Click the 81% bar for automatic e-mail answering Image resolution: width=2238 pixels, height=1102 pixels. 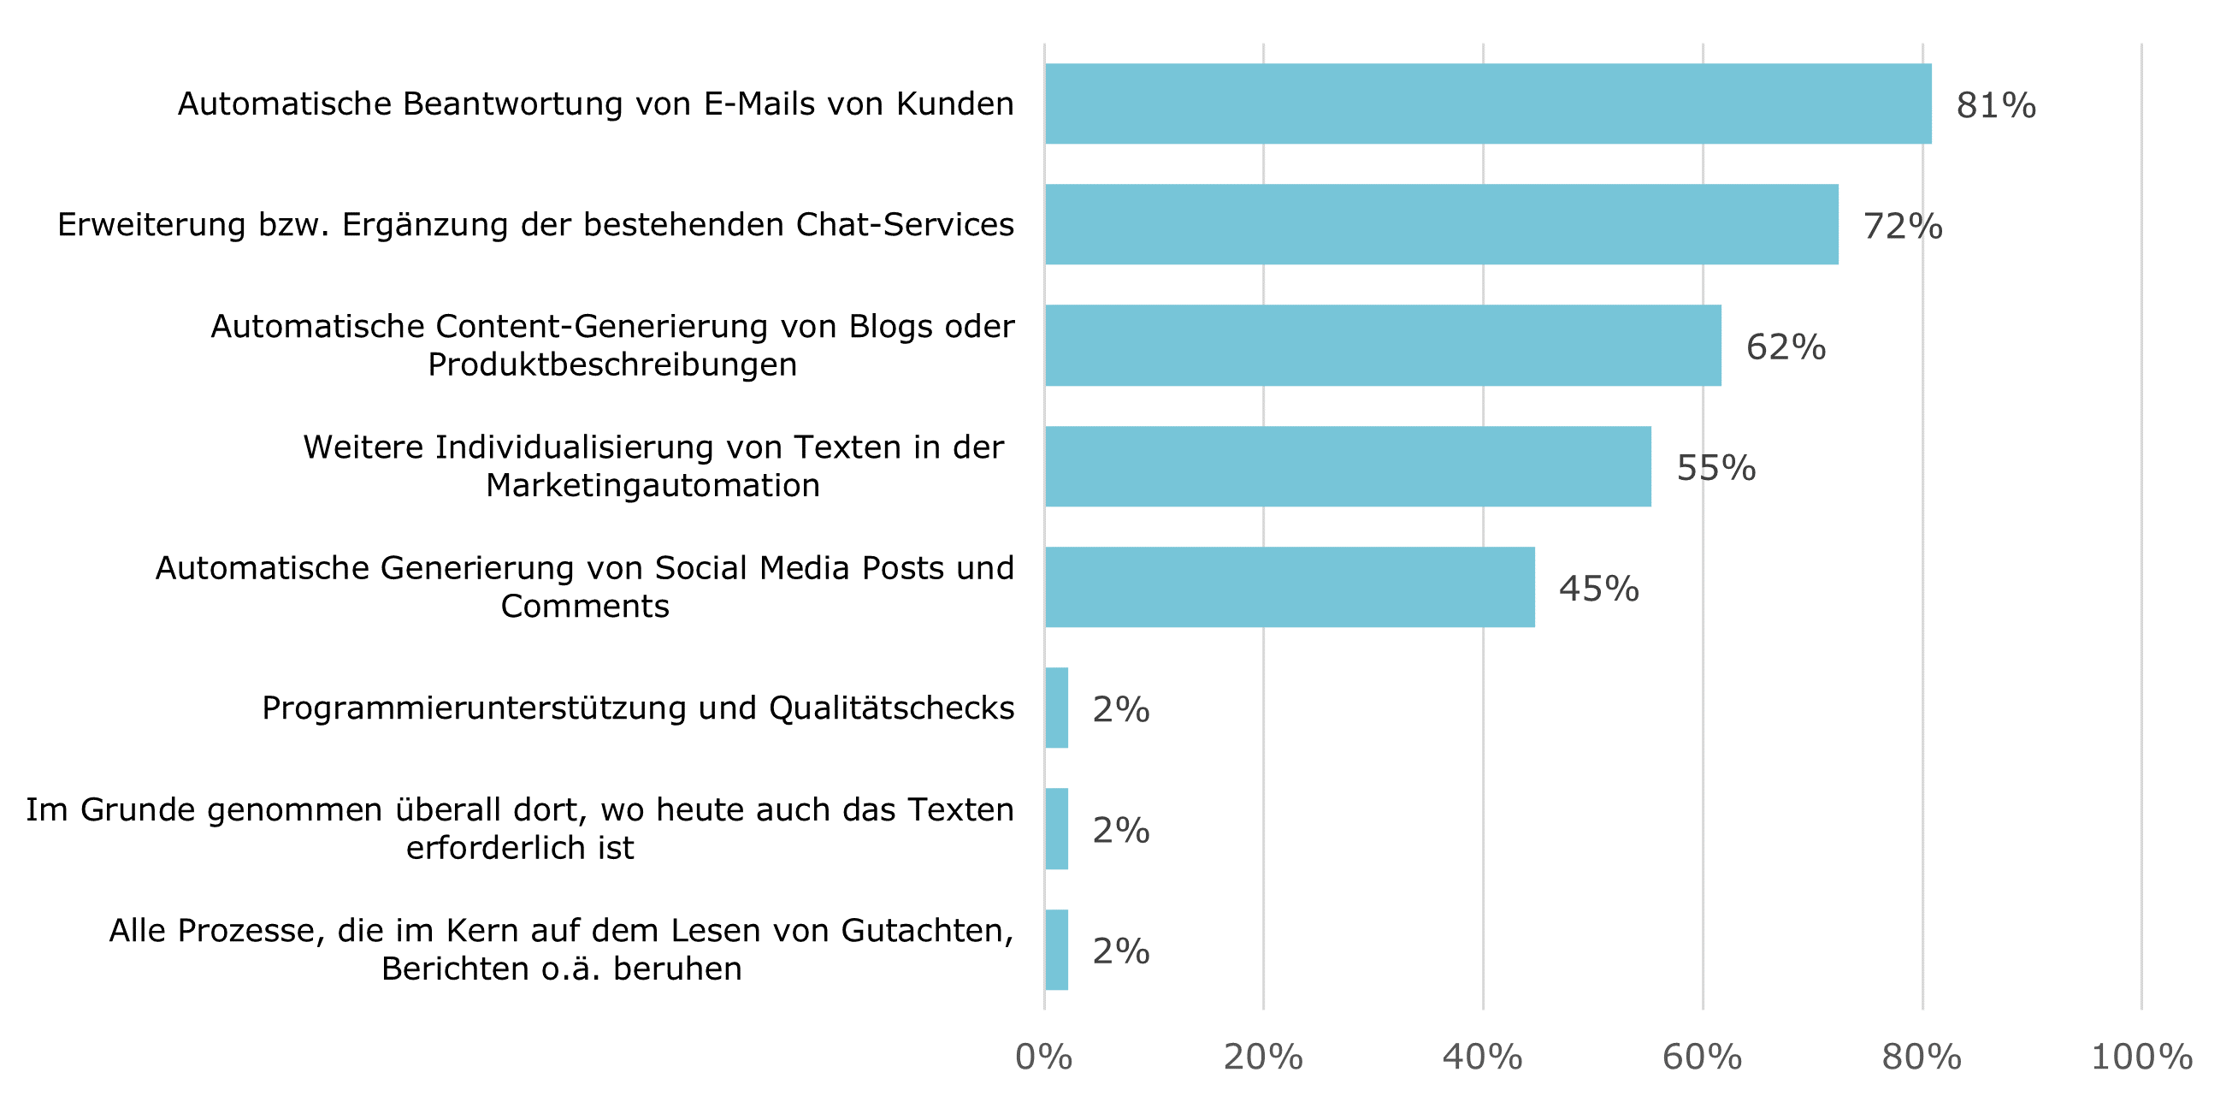pos(1487,104)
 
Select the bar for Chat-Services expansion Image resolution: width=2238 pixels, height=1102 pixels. pos(1440,224)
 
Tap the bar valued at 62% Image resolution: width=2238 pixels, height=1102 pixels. pos(1382,345)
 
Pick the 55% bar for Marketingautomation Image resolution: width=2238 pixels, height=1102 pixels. pos(1348,465)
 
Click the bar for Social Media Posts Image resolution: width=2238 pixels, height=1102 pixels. pos(1290,587)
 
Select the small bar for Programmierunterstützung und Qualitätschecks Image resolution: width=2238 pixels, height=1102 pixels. pos(1056,708)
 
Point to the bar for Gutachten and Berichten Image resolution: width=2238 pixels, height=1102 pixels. pos(1056,949)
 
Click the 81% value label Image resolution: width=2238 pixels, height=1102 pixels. pos(1996,105)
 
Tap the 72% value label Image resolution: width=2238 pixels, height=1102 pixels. pos(1902,226)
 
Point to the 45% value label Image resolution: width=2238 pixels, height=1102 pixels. pos(1598,589)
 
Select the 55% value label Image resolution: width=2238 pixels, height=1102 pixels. pos(1715,467)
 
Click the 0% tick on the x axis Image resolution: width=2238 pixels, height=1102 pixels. pos(1043,1057)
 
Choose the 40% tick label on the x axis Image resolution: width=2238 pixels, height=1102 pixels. pos(1482,1057)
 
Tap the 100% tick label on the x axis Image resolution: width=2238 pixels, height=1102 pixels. pos(2141,1057)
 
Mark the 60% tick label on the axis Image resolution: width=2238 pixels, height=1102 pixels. pos(1702,1057)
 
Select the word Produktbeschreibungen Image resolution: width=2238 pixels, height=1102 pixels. pos(611,364)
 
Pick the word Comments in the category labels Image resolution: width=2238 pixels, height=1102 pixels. pos(585,606)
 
